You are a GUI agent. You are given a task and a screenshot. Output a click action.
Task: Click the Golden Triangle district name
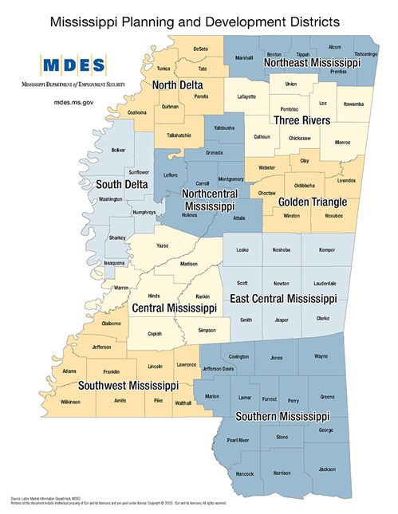click(x=305, y=202)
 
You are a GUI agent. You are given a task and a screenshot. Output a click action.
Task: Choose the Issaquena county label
click(x=115, y=262)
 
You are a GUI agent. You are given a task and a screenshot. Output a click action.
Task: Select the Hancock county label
click(x=246, y=473)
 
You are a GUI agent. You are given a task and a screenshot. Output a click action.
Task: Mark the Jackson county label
click(x=326, y=470)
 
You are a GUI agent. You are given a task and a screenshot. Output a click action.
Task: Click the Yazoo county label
click(x=162, y=246)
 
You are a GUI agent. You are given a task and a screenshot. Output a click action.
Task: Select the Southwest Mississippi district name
click(x=126, y=385)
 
